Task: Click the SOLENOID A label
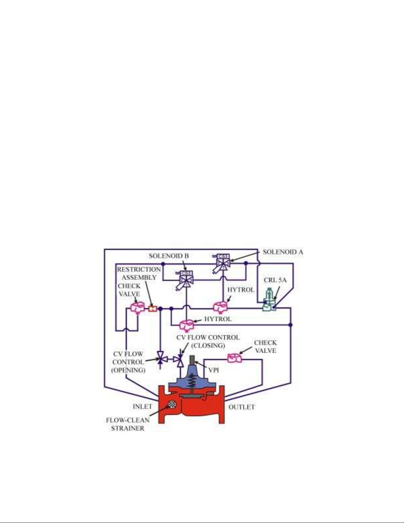point(283,252)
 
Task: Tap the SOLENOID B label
point(169,256)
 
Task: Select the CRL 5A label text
point(275,280)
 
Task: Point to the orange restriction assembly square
point(152,309)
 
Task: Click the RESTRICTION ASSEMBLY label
point(139,273)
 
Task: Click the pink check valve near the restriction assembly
point(137,307)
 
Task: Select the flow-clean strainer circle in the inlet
point(171,404)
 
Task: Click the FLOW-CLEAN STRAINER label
point(128,424)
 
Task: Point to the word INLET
point(142,407)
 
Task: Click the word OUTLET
point(241,407)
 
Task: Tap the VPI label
point(214,370)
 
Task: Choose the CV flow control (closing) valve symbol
point(180,359)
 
